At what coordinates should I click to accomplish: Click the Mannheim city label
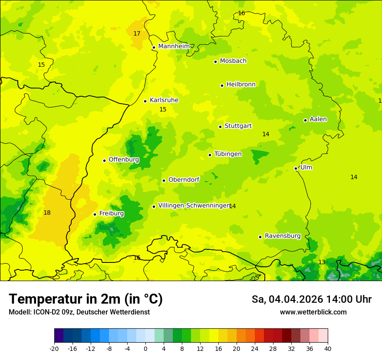click(174, 46)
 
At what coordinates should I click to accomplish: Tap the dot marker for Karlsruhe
click(145, 101)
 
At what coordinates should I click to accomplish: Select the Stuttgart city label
click(238, 126)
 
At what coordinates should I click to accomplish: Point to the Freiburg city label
click(111, 213)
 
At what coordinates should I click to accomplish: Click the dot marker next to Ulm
click(296, 168)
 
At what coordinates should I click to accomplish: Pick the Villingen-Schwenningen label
click(194, 206)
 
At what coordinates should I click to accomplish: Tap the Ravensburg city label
click(282, 236)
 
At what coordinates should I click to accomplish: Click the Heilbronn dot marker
click(222, 85)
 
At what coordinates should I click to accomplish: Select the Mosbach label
click(233, 61)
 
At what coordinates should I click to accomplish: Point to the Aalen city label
click(318, 119)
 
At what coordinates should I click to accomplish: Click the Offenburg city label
click(124, 160)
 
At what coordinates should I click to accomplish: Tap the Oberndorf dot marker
click(164, 180)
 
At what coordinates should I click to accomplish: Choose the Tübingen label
click(228, 154)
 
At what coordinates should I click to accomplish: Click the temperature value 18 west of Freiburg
click(47, 213)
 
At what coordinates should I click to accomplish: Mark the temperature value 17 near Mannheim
click(137, 33)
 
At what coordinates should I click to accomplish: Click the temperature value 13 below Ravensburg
click(322, 262)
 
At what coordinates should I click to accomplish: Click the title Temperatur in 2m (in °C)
click(86, 299)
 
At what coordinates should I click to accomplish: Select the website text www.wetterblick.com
click(313, 312)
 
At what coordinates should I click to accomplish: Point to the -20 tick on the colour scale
click(54, 348)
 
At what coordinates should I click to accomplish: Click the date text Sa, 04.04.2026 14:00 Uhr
click(311, 299)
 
